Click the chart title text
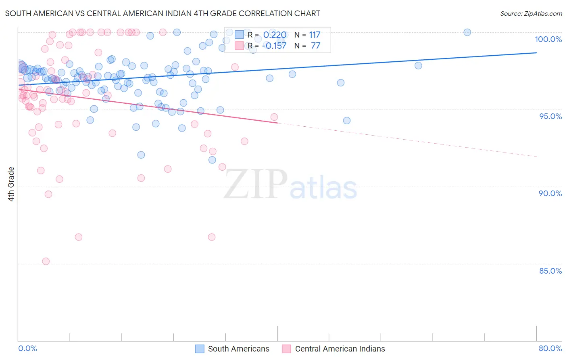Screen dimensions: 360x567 point(163,13)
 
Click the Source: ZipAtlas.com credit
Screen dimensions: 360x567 point(531,13)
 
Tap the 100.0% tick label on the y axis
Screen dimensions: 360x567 point(548,39)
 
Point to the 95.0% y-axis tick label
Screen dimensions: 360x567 point(550,116)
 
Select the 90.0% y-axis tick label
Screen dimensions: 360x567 point(550,193)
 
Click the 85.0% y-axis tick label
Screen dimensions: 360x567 point(550,271)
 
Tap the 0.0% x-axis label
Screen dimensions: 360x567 point(27,348)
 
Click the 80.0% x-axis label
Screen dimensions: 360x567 point(550,348)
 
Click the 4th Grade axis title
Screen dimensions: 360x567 point(11,184)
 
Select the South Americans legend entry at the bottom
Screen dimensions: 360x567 point(238,349)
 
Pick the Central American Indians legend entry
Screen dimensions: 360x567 point(340,349)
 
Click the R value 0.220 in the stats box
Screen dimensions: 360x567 point(275,35)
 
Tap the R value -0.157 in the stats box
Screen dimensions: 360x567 point(274,46)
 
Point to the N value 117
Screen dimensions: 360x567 point(315,35)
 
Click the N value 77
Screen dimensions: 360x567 point(315,46)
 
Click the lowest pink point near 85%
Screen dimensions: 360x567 point(46,262)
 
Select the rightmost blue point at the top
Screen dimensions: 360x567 point(467,32)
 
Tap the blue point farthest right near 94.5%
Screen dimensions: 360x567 point(346,121)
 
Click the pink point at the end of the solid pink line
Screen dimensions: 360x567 point(274,117)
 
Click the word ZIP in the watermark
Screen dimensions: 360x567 point(256,184)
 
